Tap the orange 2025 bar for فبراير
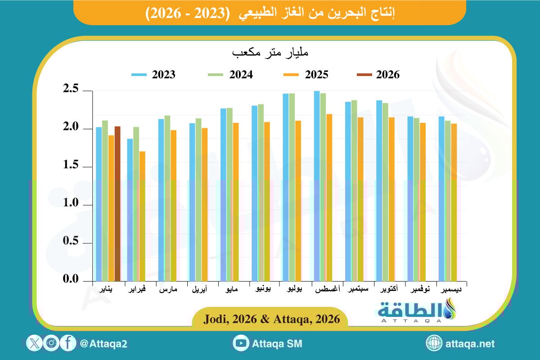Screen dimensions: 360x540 point(142,216)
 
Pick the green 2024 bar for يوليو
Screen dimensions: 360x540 point(292,187)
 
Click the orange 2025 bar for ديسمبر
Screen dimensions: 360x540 point(454,202)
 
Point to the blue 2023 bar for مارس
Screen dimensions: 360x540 point(161,200)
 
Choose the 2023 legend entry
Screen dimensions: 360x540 point(153,75)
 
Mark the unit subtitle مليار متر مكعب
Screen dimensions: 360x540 point(270,53)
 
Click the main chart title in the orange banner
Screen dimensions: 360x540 point(270,13)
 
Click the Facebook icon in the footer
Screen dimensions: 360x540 point(68,344)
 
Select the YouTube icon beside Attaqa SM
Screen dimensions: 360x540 point(241,344)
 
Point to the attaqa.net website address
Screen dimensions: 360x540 point(470,344)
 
